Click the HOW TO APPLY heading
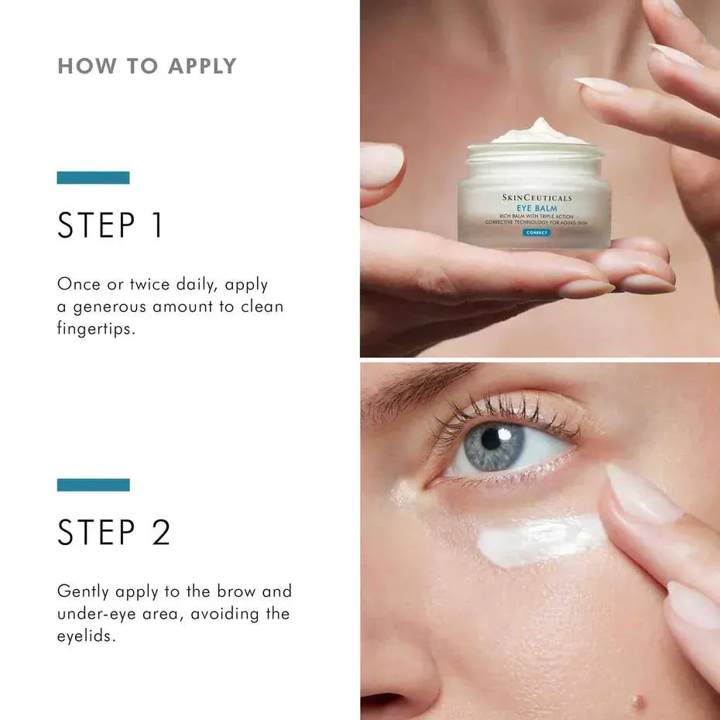147,66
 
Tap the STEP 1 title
111,225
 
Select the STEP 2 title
114,533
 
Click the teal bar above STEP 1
93,177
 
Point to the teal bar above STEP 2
93,485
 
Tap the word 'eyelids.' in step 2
86,636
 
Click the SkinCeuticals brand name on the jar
537,198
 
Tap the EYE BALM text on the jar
537,208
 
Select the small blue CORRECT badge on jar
536,232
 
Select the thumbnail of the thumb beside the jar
382,165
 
